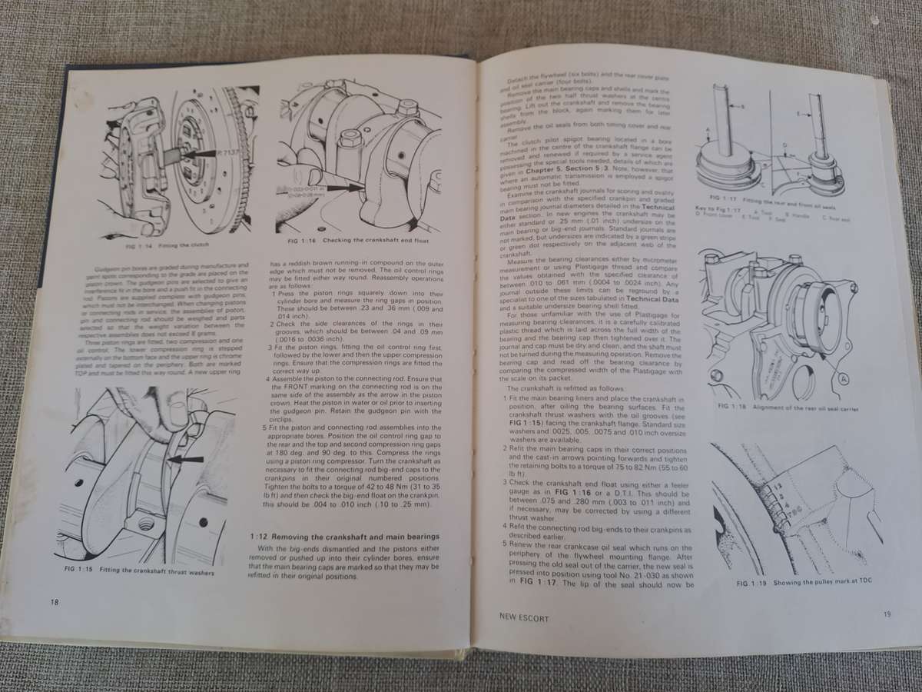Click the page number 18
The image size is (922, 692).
point(51,601)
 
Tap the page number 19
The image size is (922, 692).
point(887,614)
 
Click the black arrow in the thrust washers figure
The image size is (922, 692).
point(188,459)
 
